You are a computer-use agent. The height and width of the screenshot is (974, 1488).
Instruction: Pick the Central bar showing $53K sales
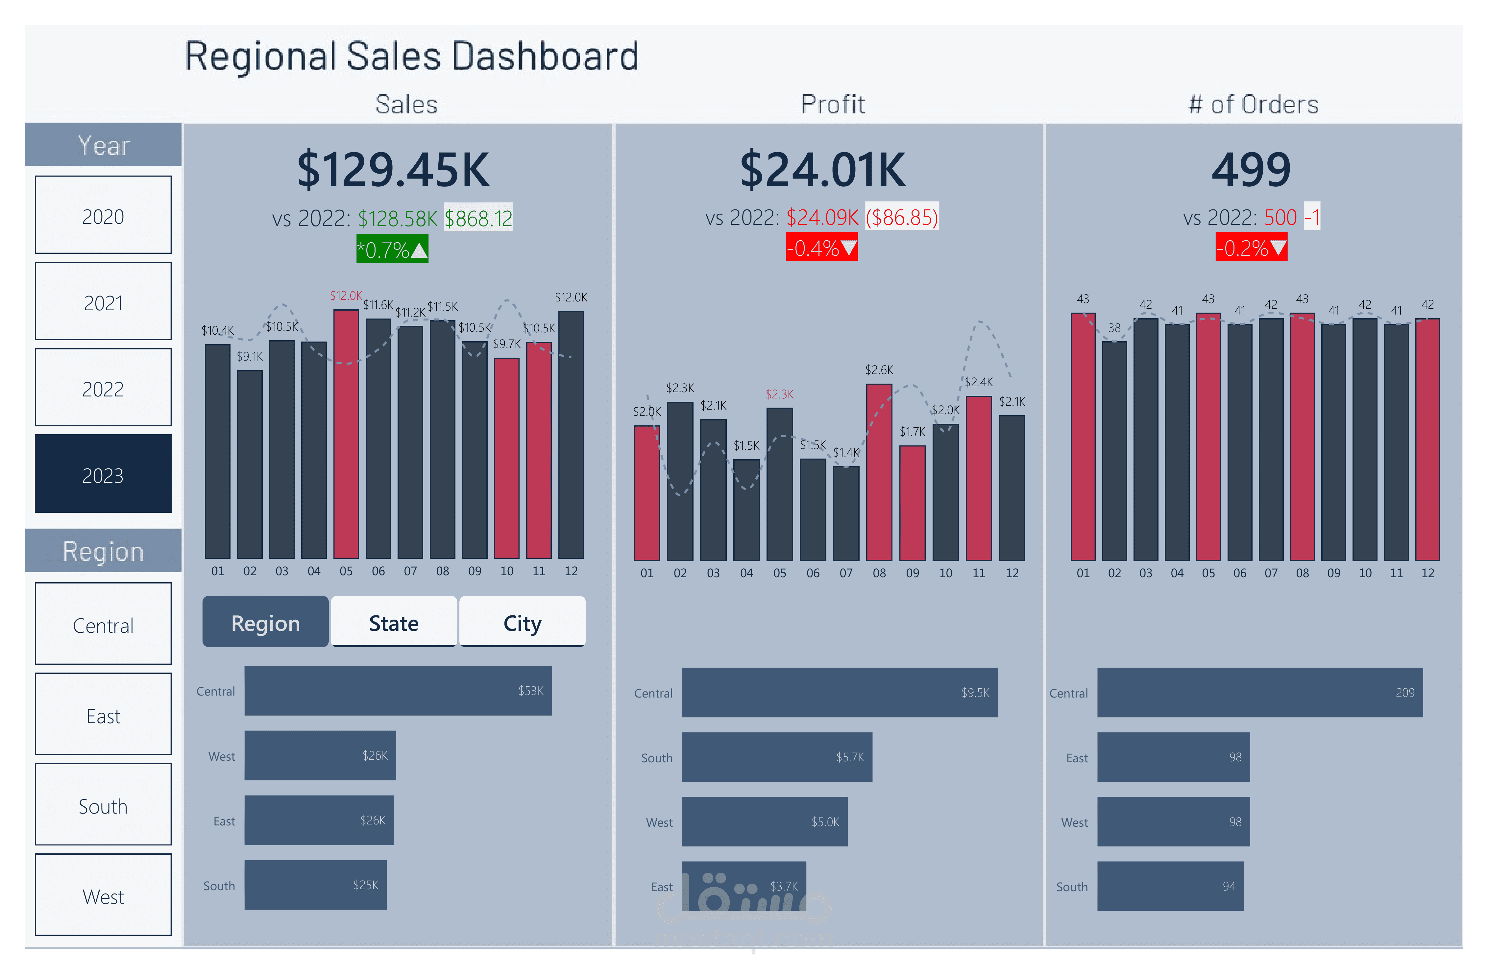[398, 690]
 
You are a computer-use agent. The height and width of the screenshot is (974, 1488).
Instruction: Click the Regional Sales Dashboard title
[411, 56]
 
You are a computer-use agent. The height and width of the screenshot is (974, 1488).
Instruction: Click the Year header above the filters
[103, 145]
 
